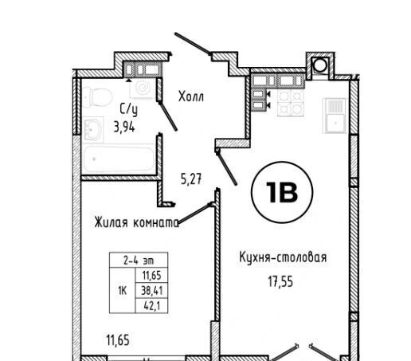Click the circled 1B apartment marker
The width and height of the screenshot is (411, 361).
coord(282,192)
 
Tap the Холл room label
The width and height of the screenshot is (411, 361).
coord(191,96)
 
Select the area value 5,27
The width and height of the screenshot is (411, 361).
coord(191,179)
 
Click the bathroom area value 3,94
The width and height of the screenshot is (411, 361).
coord(124,127)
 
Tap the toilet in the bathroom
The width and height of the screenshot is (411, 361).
coord(96,97)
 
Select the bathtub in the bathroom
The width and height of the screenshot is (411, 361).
coord(119,159)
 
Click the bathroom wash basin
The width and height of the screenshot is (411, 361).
coord(93,129)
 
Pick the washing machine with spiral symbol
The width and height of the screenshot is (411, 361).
coord(143,88)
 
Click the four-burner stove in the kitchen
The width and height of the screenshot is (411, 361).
coord(291,103)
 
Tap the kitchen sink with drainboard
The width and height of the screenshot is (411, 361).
coord(335,116)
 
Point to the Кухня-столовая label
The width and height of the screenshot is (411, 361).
coord(283,257)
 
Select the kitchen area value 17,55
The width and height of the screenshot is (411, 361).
coord(280,282)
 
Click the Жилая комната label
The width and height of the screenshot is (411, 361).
coord(137,222)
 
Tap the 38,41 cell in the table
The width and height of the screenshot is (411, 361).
coord(152,291)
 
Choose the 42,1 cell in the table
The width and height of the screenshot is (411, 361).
coord(152,306)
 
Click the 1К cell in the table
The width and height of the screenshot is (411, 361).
coord(122,291)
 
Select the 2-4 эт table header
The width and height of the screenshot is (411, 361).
coord(139,261)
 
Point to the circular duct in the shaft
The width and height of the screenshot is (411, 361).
coord(320,65)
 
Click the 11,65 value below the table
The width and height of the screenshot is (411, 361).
coord(118,340)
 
